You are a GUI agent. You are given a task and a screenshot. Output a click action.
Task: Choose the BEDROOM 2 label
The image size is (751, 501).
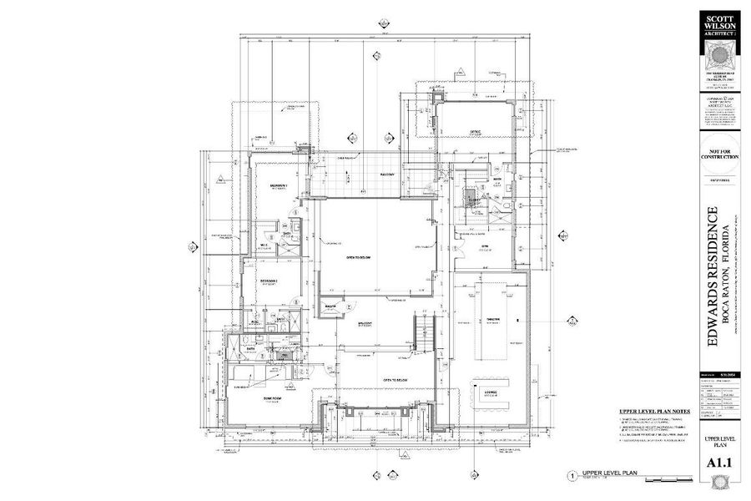click(268, 280)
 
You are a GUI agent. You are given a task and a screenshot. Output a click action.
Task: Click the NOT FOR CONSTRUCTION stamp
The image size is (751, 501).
click(719, 158)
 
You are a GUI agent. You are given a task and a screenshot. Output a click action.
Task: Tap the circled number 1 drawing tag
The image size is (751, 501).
click(572, 474)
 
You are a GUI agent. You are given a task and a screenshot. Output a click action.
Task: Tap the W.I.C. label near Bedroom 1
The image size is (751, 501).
click(264, 245)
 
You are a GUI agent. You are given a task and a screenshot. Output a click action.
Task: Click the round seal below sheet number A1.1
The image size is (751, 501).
click(719, 483)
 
